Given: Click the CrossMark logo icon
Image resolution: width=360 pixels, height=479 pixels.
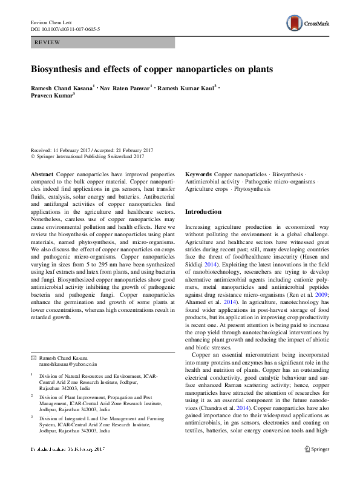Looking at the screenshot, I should (295, 24).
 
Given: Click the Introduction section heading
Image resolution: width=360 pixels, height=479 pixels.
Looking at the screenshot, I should (203, 212).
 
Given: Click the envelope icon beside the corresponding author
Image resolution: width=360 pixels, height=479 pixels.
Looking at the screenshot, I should (34, 358).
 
